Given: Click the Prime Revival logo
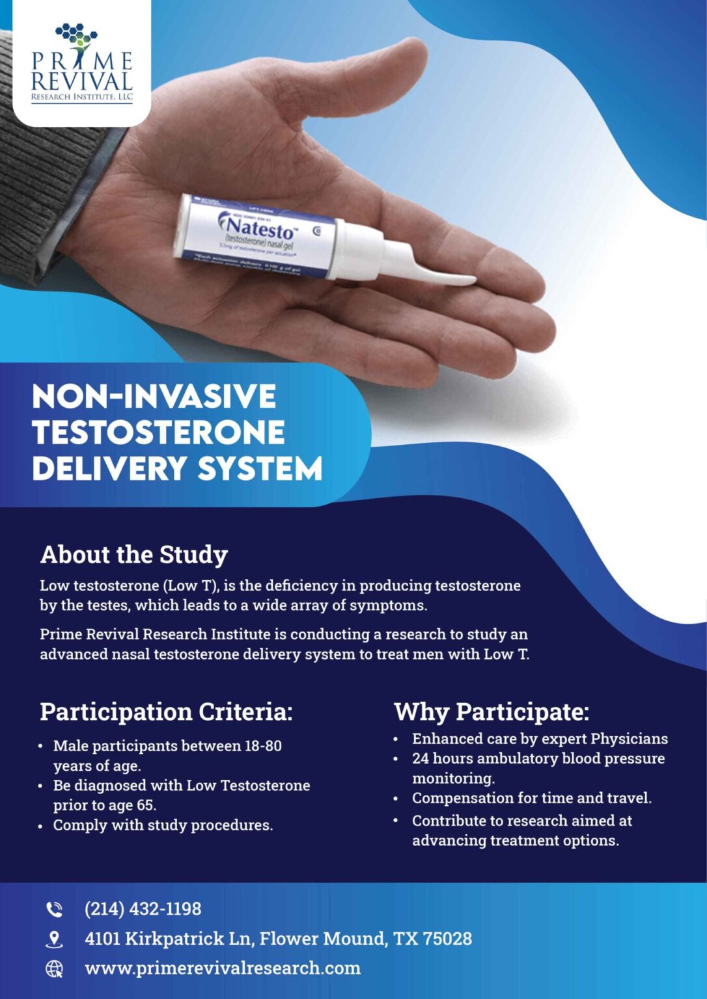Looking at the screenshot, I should [82, 63].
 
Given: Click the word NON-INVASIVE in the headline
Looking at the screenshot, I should [154, 397].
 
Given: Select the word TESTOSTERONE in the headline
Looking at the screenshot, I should [158, 433].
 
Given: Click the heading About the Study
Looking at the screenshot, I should [133, 555].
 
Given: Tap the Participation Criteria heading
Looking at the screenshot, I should [166, 712].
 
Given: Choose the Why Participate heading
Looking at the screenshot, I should [492, 712].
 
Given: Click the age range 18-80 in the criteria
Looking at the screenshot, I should [263, 746].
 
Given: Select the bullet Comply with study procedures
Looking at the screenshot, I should [163, 825].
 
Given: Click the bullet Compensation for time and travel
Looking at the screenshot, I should [531, 798].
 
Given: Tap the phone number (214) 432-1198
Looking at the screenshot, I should [143, 909].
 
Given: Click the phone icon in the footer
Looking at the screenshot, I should [54, 909].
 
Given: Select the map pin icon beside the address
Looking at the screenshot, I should [55, 939].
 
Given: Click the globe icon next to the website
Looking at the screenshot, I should [55, 969].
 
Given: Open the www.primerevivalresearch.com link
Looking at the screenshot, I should [223, 968].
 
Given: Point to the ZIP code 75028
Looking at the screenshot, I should [447, 939].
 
